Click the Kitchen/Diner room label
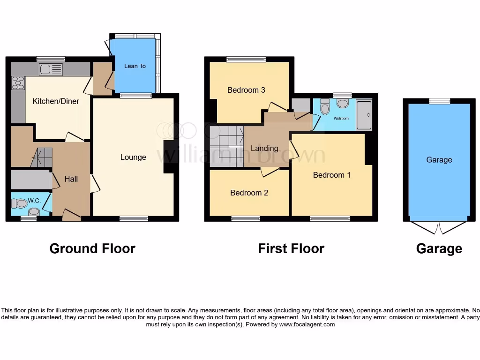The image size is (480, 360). (56, 101)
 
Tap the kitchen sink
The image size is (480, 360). (51, 69)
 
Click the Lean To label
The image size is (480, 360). (135, 66)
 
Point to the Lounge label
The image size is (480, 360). (133, 157)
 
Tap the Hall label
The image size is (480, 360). (71, 179)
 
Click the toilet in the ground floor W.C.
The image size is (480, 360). (20, 203)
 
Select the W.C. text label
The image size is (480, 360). (34, 201)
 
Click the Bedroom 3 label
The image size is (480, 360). (243, 90)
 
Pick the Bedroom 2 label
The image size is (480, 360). (249, 193)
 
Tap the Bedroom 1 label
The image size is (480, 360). (332, 175)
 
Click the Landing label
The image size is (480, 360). (264, 148)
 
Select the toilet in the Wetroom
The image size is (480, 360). (324, 107)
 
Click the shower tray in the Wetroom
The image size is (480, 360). (364, 114)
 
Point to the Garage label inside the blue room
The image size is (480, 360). (439, 160)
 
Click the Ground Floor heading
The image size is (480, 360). (92, 248)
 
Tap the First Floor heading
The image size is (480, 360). (291, 248)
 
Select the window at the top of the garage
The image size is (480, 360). (439, 101)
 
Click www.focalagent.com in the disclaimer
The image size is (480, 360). (307, 324)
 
